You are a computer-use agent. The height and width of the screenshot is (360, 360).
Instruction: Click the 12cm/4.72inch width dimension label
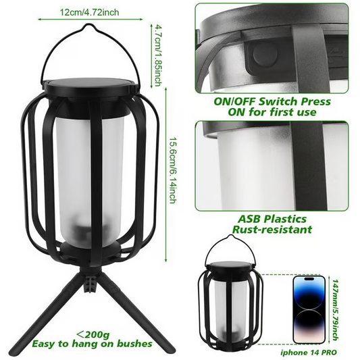89,12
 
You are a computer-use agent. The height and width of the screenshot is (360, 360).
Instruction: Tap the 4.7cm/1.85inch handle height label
158,55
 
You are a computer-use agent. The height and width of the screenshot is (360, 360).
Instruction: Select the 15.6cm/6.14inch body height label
173,170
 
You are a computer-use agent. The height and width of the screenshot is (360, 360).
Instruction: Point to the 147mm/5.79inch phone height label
335,310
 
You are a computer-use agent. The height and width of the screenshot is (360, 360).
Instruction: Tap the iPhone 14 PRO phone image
309,310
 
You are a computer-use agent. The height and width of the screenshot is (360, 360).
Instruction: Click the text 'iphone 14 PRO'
309,353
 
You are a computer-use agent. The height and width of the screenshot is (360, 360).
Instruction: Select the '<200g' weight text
93,335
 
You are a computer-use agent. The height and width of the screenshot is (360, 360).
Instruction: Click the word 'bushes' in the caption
134,344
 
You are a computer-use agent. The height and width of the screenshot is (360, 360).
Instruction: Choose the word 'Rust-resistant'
272,230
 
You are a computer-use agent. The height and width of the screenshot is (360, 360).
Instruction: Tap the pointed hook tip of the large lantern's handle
88,24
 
